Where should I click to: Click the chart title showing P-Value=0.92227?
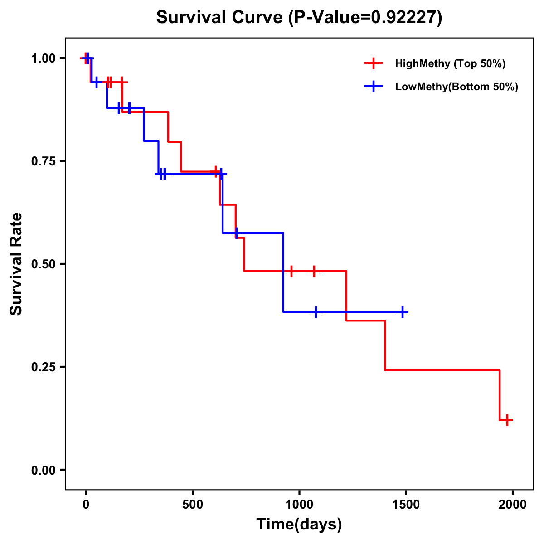[299, 18]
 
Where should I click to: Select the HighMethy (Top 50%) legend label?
[450, 63]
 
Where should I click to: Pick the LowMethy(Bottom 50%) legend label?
[456, 87]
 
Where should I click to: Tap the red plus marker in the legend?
[373, 63]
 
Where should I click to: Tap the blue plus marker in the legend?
[373, 86]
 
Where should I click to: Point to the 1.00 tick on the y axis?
[43, 58]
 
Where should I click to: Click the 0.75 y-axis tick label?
[43, 161]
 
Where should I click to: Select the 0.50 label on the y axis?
[43, 264]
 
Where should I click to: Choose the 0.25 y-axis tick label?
[43, 367]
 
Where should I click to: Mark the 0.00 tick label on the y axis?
[43, 470]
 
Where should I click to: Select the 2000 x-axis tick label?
[513, 504]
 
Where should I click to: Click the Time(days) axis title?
[299, 525]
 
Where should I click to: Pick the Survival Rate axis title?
[16, 264]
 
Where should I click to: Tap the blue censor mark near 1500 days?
[402, 312]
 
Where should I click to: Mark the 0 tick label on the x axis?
[86, 504]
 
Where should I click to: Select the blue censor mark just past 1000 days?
[316, 312]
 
